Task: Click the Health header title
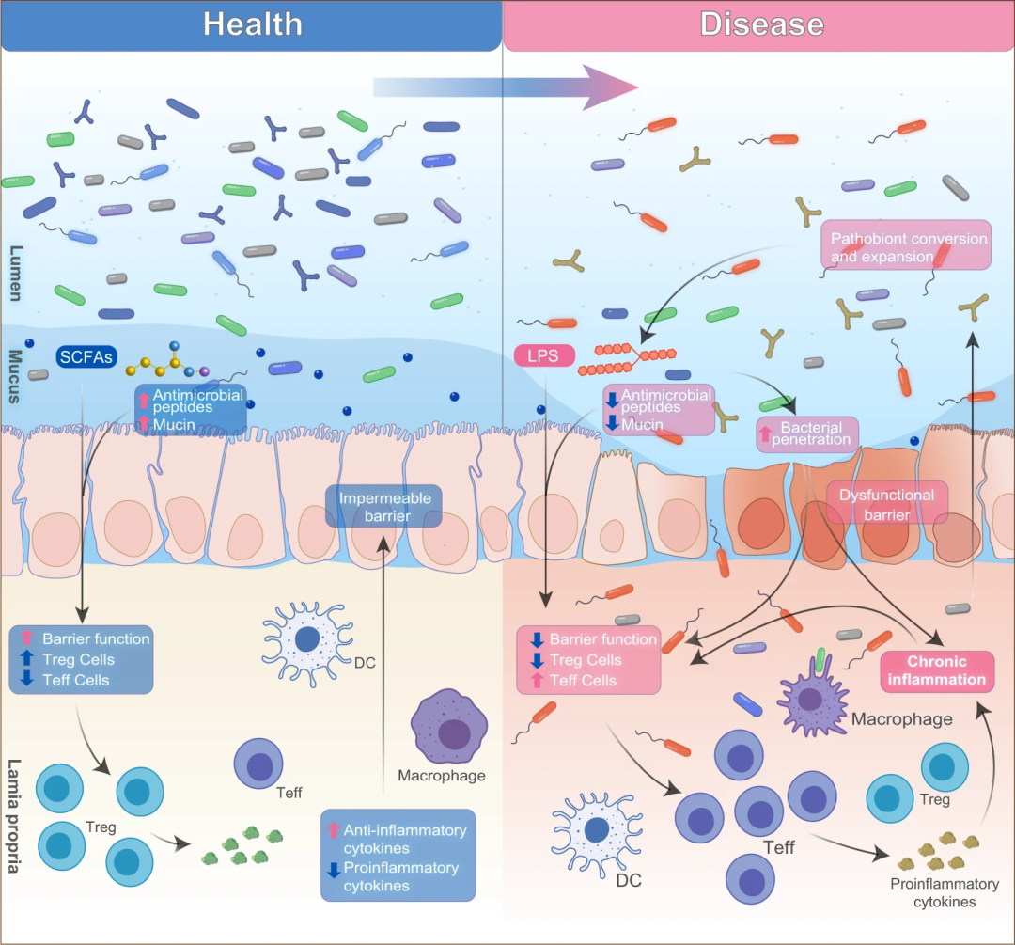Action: [x=253, y=24]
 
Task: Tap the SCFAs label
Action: [x=86, y=357]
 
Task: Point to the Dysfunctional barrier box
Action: [x=886, y=504]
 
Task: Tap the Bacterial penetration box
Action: [x=807, y=433]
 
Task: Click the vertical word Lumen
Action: [x=16, y=274]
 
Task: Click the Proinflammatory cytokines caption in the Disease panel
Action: [x=930, y=892]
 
